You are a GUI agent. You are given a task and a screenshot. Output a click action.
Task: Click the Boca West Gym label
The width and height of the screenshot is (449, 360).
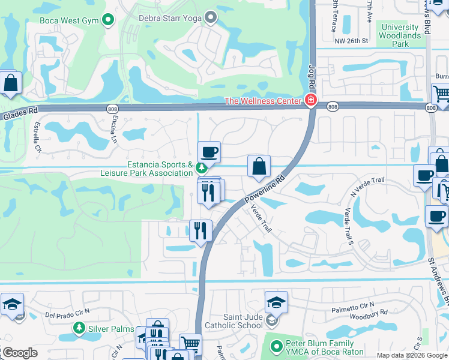point(69,20)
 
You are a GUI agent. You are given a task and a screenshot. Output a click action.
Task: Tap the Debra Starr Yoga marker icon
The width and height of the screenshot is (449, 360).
point(211,18)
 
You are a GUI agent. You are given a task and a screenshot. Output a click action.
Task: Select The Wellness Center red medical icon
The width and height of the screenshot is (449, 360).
point(311,100)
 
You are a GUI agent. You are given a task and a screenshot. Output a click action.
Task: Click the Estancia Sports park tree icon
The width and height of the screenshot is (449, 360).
point(202,167)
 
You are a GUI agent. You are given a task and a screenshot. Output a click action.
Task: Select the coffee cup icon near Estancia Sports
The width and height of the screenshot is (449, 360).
point(209,152)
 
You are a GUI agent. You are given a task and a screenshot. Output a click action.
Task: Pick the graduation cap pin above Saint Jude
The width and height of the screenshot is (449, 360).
point(277,302)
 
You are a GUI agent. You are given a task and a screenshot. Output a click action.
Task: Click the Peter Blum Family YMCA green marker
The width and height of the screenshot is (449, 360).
point(276,346)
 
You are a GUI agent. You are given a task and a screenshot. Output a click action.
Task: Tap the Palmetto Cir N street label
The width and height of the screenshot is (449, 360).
point(354,310)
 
